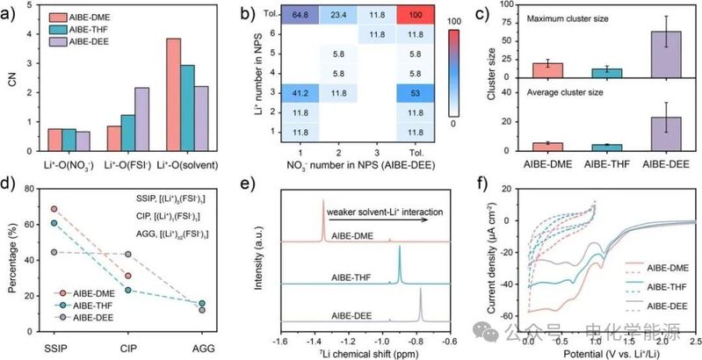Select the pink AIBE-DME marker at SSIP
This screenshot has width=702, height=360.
tap(54, 209)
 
